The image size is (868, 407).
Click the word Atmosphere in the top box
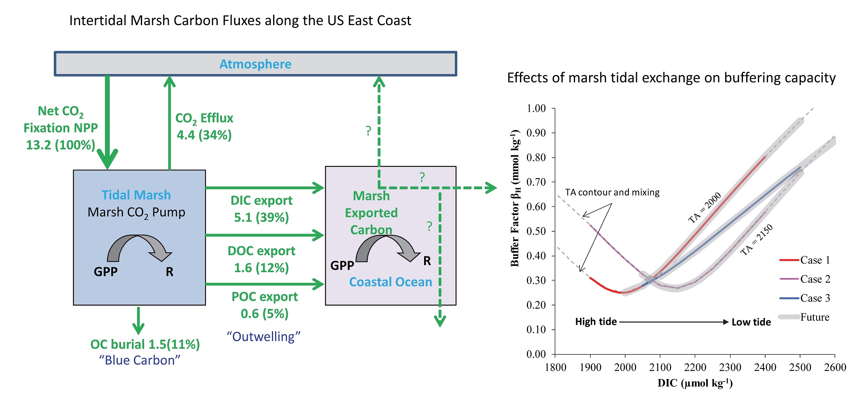255,64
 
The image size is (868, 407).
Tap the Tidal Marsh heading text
136,195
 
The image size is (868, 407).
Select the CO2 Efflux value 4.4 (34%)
204,135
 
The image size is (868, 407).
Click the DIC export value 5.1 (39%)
261,217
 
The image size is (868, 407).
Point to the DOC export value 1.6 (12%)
261,268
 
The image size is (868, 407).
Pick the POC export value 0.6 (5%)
264,313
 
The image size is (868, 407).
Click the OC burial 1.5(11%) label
145,344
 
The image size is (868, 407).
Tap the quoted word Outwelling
263,337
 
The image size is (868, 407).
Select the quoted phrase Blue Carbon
140,360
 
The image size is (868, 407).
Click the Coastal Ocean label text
390,282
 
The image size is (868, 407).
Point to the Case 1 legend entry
815,260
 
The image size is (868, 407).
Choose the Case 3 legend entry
815,298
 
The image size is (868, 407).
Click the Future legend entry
814,317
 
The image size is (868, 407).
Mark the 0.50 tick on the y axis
536,231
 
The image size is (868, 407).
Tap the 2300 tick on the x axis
730,367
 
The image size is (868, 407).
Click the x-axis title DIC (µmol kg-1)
695,383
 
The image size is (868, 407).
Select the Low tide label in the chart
751,322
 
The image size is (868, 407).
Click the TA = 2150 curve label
757,240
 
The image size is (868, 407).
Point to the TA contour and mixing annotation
612,192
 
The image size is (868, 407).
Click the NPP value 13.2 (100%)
61,145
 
